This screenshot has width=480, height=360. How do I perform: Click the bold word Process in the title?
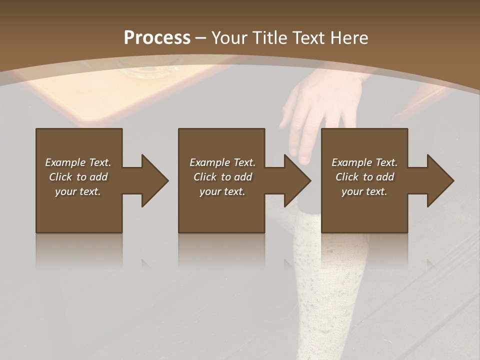click(157, 38)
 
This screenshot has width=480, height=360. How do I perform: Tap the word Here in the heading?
click(349, 38)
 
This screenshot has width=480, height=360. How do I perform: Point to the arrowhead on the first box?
click(152, 180)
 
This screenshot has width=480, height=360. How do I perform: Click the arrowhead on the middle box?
click(295, 180)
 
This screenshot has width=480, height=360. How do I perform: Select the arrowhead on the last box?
click(438, 180)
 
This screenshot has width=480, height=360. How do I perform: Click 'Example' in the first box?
click(65, 162)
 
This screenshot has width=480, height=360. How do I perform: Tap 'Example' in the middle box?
click(209, 162)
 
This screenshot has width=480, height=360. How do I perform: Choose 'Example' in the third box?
click(351, 162)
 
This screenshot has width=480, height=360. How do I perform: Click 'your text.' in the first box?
click(78, 191)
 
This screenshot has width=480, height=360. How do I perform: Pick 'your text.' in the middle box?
click(222, 191)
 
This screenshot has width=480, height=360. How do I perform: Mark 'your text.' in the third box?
click(364, 191)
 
